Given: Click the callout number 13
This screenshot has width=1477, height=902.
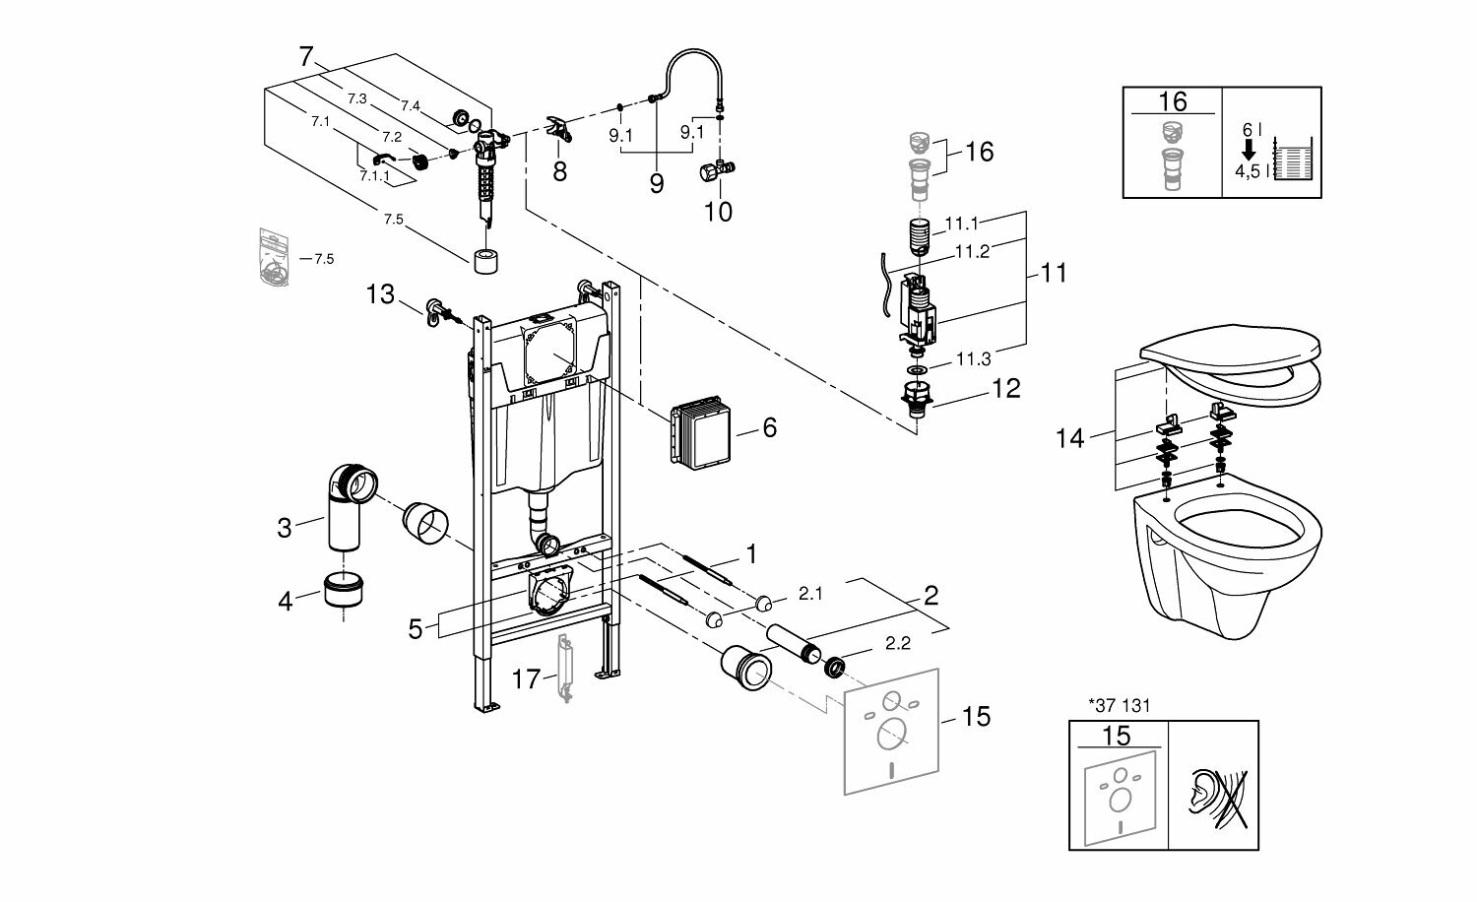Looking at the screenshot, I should [380, 293].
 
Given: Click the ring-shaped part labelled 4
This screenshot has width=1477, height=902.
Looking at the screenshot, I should [344, 593].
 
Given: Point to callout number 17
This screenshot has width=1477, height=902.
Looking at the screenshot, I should [527, 678].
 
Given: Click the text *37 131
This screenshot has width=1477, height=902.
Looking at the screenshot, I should [1119, 704].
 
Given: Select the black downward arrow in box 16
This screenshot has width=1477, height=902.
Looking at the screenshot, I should [1248, 148].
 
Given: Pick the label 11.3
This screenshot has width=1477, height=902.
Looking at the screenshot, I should [972, 358].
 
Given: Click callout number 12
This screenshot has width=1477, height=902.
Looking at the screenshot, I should [1005, 388].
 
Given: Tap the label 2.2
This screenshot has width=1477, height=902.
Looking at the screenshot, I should [897, 644].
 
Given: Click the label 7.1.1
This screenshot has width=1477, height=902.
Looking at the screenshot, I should [374, 175].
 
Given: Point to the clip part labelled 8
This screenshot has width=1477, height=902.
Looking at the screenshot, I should [558, 129].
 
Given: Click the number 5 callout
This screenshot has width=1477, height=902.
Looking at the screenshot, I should [416, 628].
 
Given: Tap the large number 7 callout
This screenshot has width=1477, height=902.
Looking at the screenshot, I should [305, 57].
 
